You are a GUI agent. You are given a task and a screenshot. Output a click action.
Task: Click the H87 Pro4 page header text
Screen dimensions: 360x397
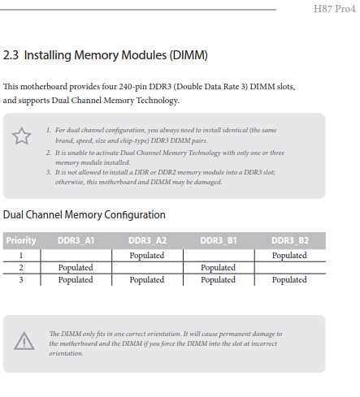click(334, 9)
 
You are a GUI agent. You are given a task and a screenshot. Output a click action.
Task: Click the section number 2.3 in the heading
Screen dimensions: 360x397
click(11, 55)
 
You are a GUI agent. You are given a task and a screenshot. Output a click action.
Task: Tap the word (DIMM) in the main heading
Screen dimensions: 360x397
click(189, 55)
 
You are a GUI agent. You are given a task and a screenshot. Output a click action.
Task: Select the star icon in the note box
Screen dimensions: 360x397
click(22, 136)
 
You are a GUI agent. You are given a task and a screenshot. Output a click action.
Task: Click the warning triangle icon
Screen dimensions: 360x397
click(24, 341)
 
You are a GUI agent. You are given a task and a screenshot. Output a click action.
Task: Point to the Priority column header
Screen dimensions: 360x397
click(21, 240)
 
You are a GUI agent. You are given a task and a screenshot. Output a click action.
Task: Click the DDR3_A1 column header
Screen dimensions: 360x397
click(76, 240)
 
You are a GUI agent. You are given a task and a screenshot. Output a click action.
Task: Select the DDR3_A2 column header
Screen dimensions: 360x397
click(147, 240)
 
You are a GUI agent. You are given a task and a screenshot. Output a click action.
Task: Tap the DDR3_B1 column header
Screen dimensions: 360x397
click(219, 240)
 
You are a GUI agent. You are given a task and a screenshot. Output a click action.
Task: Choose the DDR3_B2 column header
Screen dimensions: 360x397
click(290, 240)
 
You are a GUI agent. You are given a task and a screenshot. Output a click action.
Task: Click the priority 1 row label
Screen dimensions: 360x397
click(21, 255)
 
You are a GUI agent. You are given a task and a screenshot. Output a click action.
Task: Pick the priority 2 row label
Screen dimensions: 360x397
click(21, 267)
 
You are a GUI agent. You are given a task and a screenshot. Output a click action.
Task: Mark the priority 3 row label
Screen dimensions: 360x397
click(21, 279)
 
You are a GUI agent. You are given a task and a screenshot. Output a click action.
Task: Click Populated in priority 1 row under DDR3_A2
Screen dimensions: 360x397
click(147, 256)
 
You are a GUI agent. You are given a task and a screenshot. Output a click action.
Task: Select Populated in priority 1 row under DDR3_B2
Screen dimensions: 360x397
click(289, 256)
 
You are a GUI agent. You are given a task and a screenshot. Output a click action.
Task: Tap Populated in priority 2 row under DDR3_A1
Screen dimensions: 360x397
click(76, 268)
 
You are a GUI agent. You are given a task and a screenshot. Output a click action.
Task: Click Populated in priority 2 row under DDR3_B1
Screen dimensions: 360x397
click(218, 268)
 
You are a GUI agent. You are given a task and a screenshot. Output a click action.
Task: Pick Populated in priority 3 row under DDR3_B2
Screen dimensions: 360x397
click(289, 280)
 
